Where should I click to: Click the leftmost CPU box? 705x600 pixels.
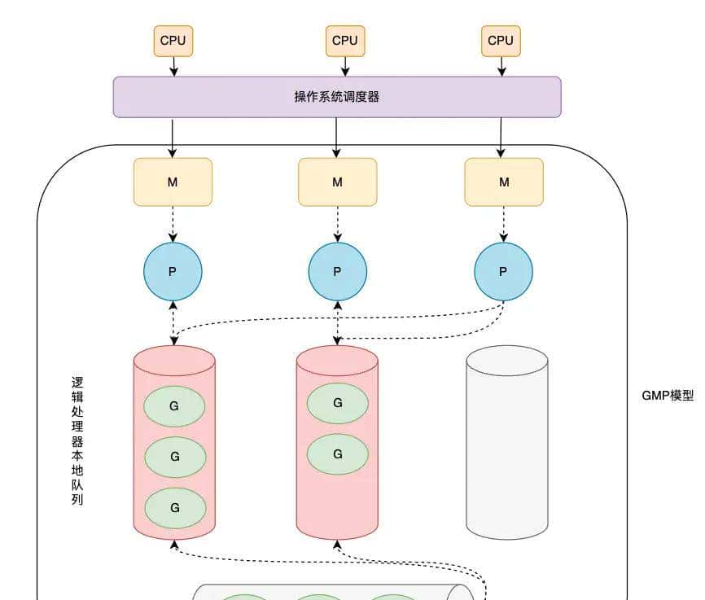point(173,41)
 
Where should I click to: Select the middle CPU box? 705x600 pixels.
point(345,41)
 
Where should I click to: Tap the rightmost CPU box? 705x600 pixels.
point(501,41)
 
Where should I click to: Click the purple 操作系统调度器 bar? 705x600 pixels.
point(336,97)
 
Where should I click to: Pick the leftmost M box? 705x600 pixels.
point(173,182)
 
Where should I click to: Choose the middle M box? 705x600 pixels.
point(337,182)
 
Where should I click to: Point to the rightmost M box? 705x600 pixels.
point(503,182)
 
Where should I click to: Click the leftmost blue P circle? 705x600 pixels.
point(173,272)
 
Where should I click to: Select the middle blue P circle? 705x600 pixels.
point(338,272)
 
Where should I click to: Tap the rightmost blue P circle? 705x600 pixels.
point(503,272)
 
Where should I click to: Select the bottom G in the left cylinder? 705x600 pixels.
point(174,507)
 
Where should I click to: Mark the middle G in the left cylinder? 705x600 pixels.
point(174,457)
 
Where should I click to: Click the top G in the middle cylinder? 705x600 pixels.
point(338,403)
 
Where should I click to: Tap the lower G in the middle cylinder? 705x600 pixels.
point(338,454)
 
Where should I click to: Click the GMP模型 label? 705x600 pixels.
point(668,396)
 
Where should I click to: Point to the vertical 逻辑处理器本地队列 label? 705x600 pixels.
point(77,440)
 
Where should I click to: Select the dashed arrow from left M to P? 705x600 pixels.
point(173,223)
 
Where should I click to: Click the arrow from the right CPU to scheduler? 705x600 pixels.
point(501,66)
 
